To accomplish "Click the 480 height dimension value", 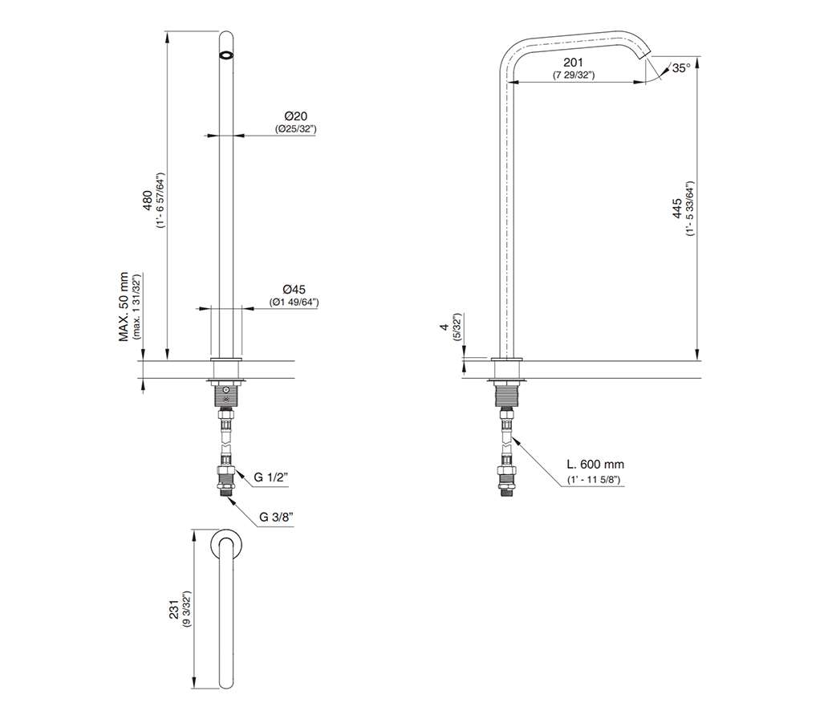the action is [148, 201].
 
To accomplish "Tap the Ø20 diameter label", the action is [296, 116].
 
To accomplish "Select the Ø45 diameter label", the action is [294, 290].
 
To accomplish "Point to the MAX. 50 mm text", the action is [124, 307].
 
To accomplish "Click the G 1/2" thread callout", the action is [271, 477].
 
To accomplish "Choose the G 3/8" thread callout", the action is [277, 517].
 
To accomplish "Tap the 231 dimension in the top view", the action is [175, 610].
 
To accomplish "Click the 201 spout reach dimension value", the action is [574, 63].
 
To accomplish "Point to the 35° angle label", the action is [681, 68].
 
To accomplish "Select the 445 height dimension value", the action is [678, 208].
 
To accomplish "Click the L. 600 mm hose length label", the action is [595, 465].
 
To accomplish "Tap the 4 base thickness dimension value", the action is [444, 327].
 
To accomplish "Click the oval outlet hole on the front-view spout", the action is [226, 55].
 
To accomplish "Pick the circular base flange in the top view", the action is [226, 544].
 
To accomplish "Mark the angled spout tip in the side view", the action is [645, 54].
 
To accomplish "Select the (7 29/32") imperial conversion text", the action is [574, 75].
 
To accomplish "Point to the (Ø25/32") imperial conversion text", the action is [295, 128].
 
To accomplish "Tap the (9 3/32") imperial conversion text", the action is [187, 610].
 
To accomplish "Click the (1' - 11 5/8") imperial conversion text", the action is [594, 480].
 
